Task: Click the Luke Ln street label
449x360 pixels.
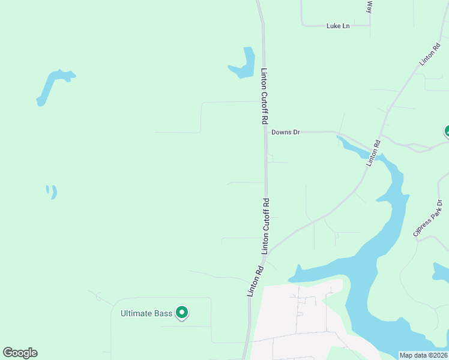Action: tap(337, 26)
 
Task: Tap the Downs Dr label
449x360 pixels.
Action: tap(285, 132)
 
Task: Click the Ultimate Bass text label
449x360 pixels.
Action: tap(146, 313)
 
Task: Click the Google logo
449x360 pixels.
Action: tap(20, 353)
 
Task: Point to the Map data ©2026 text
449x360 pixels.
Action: tap(423, 355)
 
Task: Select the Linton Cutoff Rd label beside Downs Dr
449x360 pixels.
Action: tap(264, 96)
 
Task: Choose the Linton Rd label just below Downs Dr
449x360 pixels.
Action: tap(373, 152)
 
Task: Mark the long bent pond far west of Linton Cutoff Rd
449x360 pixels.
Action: tap(52, 85)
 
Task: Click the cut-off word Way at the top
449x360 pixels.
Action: tap(370, 7)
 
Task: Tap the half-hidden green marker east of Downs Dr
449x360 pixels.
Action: tap(447, 131)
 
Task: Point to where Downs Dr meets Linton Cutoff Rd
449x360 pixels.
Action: tap(266, 132)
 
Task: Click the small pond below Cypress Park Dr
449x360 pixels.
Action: tap(440, 271)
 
